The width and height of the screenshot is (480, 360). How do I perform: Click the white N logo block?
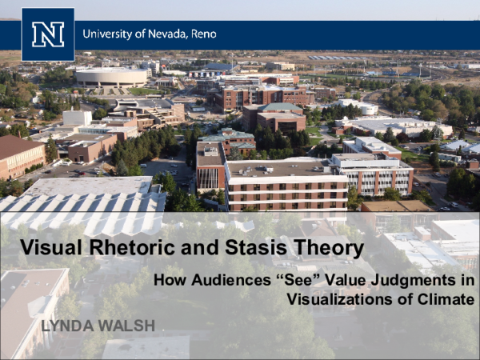click(48, 34)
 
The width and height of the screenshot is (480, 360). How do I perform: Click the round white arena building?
click(111, 77)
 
